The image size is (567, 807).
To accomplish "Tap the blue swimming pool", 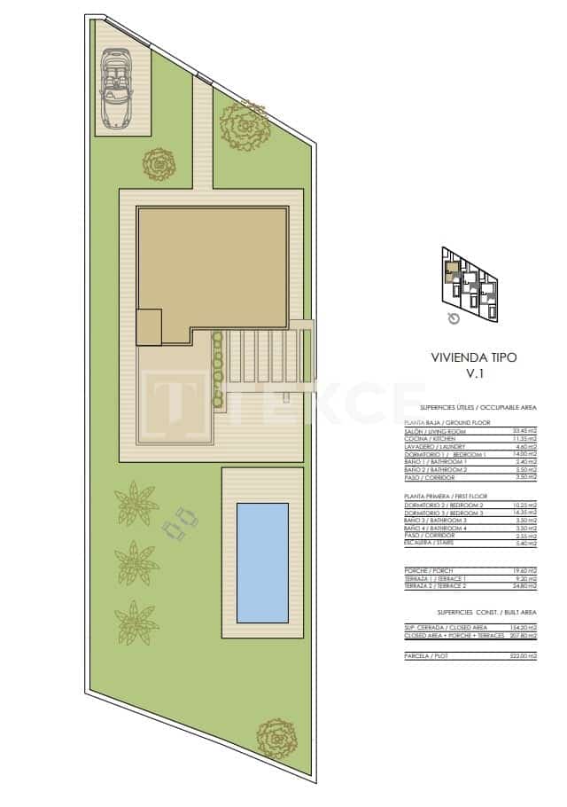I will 262,561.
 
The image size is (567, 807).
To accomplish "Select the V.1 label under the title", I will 472,373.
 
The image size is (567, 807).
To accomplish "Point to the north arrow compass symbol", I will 454,318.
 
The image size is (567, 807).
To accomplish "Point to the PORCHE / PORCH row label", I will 426,570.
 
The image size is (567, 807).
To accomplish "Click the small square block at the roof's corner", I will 149,326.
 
